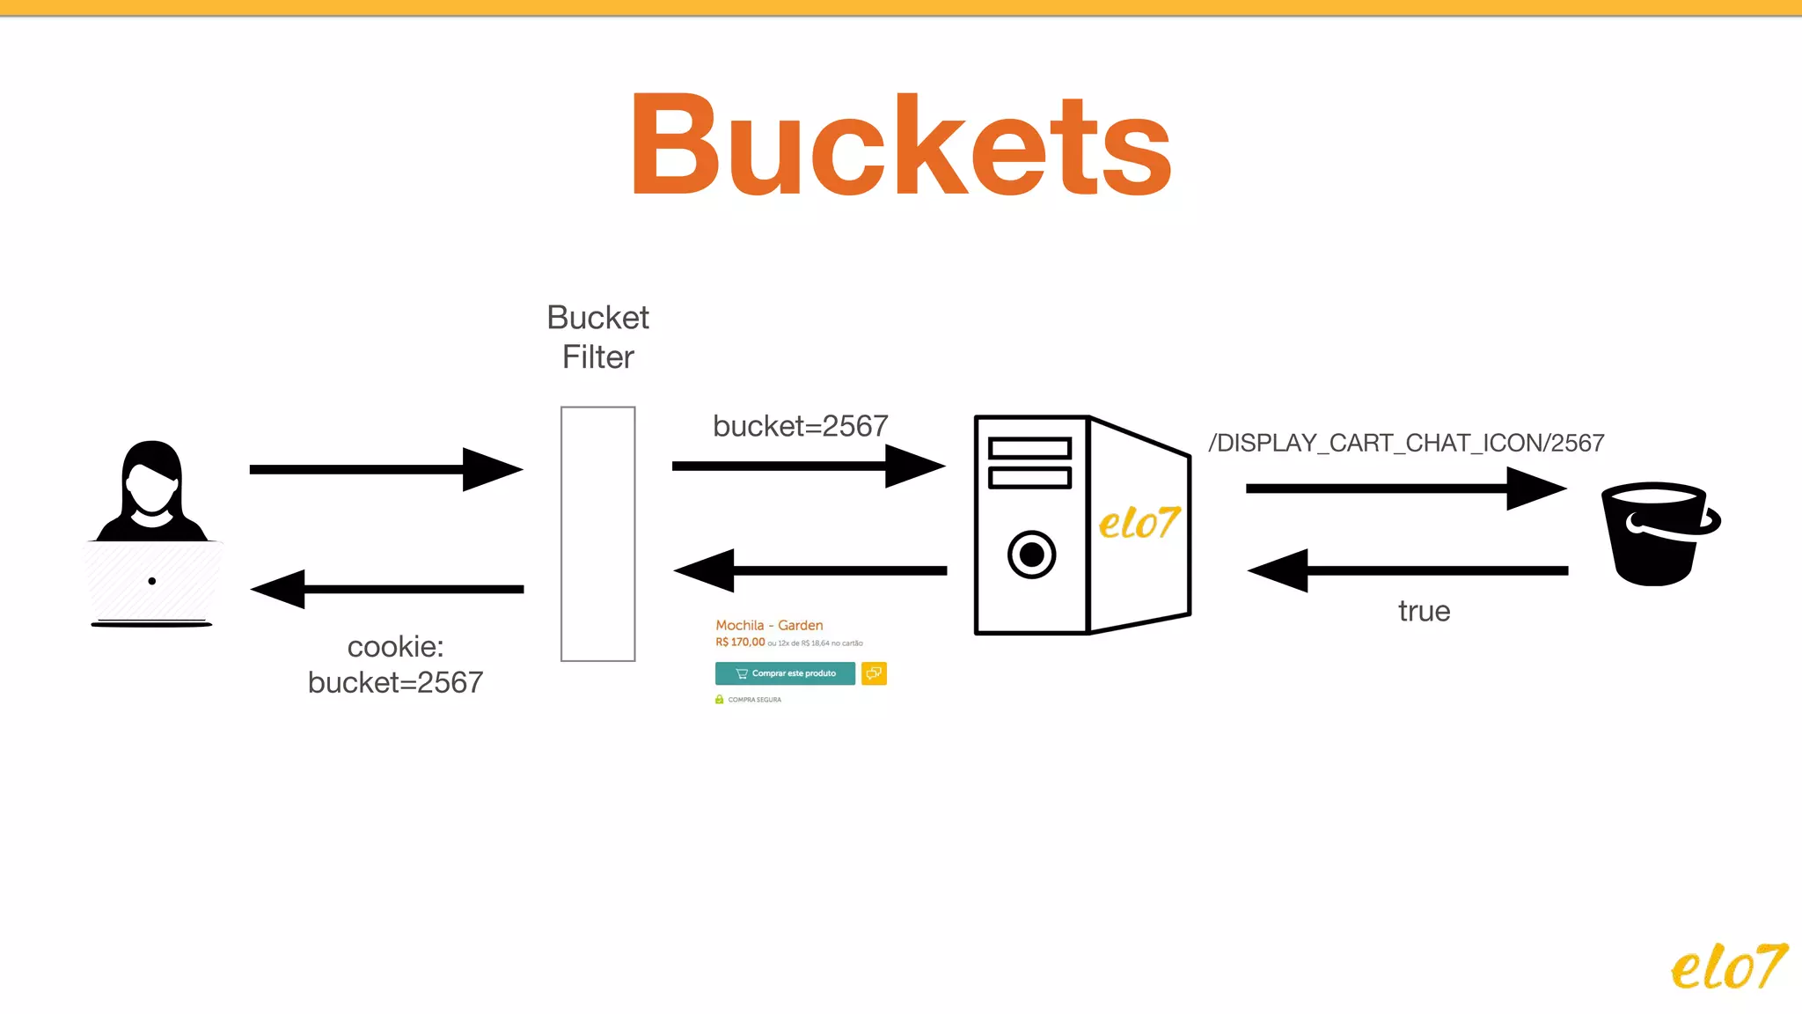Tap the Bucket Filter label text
597,337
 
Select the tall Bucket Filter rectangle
597,533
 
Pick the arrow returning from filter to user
387,589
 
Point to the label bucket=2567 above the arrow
800,426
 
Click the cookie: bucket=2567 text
395,665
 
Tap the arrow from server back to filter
809,570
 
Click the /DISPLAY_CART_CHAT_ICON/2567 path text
1406,443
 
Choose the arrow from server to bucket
1405,488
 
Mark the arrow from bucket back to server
1407,570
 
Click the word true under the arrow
1424,611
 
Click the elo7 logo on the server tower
1139,523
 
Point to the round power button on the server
1031,555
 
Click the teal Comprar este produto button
785,673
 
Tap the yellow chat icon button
874,673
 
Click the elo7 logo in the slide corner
1728,966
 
